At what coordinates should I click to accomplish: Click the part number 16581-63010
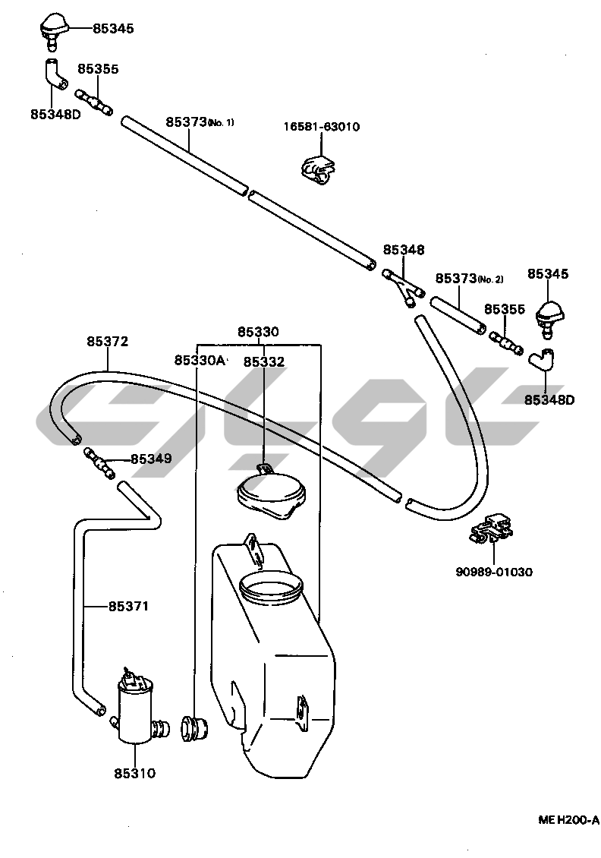(323, 127)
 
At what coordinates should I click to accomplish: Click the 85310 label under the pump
(134, 774)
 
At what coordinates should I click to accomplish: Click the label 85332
(263, 362)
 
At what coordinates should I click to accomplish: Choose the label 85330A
(199, 360)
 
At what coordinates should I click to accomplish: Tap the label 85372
(107, 342)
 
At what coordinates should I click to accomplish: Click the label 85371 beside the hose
(127, 606)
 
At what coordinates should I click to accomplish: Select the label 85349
(151, 459)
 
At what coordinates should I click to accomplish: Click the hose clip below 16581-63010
(317, 169)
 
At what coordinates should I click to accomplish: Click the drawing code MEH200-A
(568, 820)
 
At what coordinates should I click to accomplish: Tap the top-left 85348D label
(55, 114)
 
